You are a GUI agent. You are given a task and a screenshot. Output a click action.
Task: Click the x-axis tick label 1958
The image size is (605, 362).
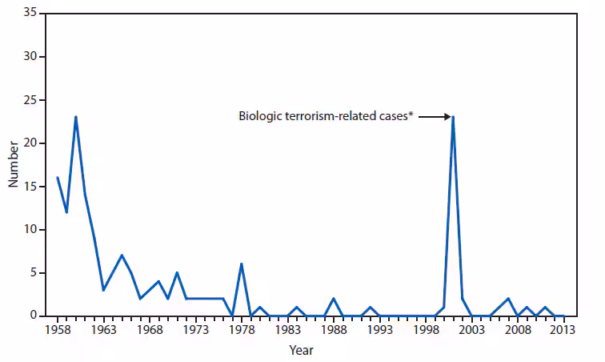coord(57,328)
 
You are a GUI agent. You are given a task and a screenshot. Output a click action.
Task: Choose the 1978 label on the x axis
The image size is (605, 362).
coord(241,328)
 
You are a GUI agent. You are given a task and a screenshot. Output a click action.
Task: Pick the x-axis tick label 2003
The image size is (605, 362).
coord(471,328)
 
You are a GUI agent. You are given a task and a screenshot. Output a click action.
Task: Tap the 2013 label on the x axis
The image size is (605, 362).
coord(563,328)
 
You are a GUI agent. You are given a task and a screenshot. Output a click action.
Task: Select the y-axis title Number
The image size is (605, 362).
coord(13,165)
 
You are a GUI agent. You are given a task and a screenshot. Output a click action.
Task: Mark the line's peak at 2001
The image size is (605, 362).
coord(453,118)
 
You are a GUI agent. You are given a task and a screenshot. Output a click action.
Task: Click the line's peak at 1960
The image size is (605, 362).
coord(75,118)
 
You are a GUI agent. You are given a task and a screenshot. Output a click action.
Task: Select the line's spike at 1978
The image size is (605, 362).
coord(241,264)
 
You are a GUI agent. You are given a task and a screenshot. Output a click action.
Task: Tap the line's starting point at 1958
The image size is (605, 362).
coord(57,178)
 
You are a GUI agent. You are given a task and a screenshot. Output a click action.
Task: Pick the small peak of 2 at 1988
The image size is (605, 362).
coord(333,299)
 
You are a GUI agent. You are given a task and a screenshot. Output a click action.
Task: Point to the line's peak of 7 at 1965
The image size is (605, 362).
coord(122,255)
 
